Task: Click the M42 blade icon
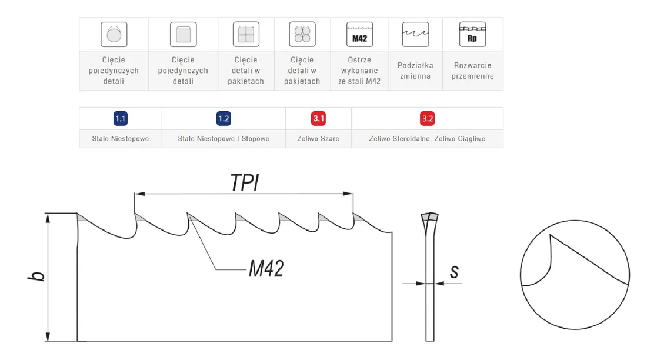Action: [359, 34]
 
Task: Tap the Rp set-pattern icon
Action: [472, 34]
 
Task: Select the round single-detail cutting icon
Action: [114, 34]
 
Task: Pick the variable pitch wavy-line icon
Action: [415, 34]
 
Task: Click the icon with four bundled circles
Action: [302, 34]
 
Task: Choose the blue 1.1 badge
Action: [121, 118]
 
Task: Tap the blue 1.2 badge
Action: [224, 118]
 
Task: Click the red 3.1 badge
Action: [319, 118]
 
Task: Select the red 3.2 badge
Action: [428, 118]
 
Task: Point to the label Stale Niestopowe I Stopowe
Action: [224, 139]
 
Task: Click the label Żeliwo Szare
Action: [318, 139]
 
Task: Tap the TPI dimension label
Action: [245, 182]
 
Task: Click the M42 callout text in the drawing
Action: [266, 269]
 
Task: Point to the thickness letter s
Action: [454, 272]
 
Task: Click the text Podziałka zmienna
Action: [415, 71]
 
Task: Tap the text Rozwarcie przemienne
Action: [472, 71]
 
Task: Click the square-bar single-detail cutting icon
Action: [183, 34]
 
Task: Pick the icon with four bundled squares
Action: [246, 34]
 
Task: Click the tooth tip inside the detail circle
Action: [550, 235]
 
